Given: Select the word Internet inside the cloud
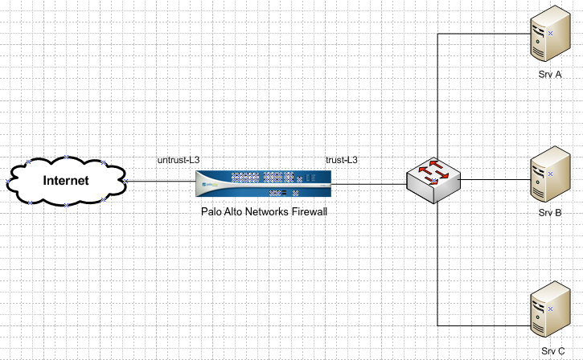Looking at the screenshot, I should coord(66,181).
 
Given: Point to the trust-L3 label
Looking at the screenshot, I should coord(341,160).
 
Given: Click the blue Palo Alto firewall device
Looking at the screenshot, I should coord(264,184).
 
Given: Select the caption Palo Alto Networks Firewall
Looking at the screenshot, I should coord(264,212).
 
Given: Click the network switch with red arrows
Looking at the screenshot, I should coord(433,179).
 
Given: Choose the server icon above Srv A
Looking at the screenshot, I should coord(545,39).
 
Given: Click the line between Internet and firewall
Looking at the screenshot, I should coord(161,182).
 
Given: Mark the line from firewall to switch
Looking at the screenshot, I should coord(370,184).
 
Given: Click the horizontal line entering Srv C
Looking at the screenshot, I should coord(482,325).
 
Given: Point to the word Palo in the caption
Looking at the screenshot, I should coord(211,212).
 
